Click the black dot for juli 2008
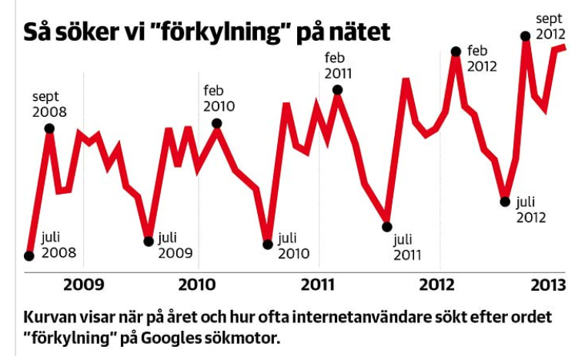tap(29, 256)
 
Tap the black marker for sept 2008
tap(50, 128)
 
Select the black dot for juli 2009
tap(149, 241)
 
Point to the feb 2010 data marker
tap(217, 123)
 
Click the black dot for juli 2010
tap(268, 245)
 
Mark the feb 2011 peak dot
tap(337, 90)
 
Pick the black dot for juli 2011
tap(387, 226)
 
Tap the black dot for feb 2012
tap(456, 52)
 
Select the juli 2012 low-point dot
tap(505, 202)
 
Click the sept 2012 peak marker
tap(527, 35)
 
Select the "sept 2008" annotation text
tap(49, 104)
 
